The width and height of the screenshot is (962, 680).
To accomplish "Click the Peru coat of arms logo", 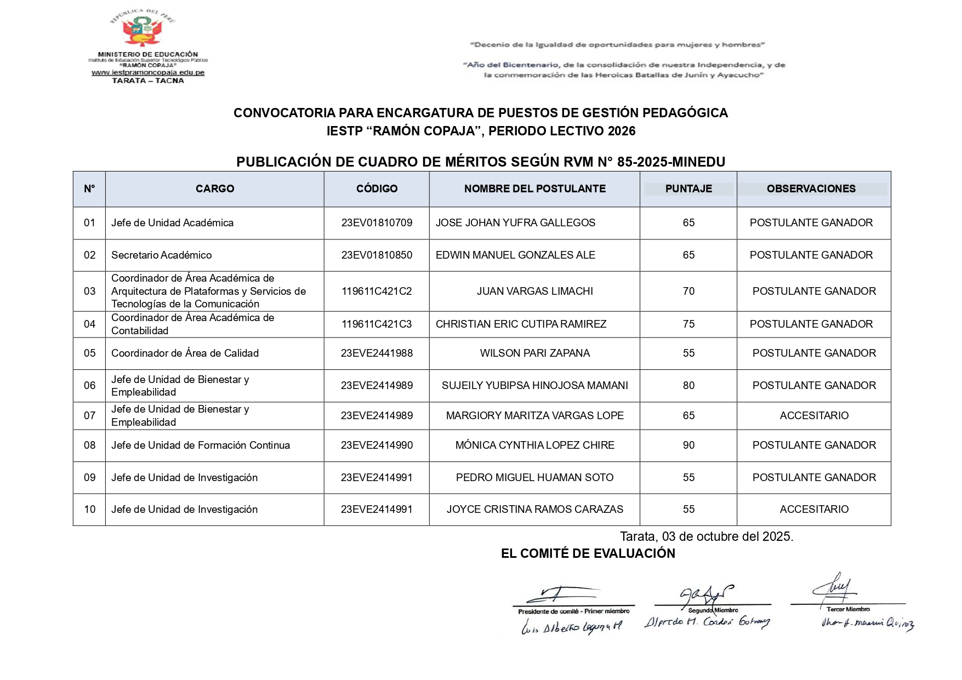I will point(142,30).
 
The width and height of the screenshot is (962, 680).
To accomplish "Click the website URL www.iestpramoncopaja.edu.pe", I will point(148,72).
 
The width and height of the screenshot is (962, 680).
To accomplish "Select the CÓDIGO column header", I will point(377,188).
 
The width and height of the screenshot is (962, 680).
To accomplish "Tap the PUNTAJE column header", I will point(688,188).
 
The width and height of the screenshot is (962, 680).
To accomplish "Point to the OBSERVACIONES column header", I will point(811,188).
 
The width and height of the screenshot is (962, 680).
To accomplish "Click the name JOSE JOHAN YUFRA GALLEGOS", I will point(515,222).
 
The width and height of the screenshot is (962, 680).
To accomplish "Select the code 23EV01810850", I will point(377,255).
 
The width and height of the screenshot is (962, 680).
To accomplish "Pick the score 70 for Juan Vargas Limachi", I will point(688,291).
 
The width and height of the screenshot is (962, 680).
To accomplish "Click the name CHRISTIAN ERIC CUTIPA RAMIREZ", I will point(521,324).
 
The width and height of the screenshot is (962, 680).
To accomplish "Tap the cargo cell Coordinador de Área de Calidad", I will point(185,353).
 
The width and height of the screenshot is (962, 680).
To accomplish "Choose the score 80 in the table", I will point(688,385).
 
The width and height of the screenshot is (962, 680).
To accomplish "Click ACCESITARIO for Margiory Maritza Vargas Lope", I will point(814,415).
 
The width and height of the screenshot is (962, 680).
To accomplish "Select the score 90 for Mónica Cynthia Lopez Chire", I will point(688,445).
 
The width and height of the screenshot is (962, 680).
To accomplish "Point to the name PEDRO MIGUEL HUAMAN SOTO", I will point(534,477).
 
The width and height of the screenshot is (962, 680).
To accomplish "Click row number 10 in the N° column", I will point(89,509).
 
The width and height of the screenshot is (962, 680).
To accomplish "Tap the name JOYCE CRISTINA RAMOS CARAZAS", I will point(534,509).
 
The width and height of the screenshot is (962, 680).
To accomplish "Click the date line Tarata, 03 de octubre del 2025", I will point(706,536).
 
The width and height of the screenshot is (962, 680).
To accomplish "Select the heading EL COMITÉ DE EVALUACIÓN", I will point(588,553).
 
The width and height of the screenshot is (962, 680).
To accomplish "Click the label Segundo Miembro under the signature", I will point(713,610).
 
